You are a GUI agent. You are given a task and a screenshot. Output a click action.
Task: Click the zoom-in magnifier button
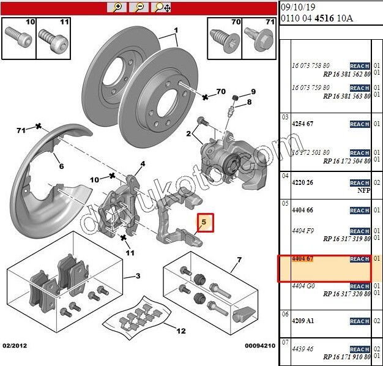coord(116,7)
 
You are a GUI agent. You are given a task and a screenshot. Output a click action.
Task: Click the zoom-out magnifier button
coord(139,7)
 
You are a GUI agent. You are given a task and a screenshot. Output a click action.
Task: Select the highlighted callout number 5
coord(206,222)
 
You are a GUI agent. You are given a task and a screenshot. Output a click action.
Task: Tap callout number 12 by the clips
coord(180,331)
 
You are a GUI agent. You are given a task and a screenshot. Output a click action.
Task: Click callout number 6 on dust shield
coord(61,166)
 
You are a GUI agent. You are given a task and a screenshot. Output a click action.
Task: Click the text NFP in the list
coord(363,190)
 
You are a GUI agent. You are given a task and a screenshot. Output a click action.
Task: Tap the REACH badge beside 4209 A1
coord(359,321)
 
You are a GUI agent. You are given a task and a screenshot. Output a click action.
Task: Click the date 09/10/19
coord(297,7)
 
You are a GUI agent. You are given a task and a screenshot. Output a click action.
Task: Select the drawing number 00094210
coord(260,346)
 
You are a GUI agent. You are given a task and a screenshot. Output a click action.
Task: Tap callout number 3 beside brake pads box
coord(138,276)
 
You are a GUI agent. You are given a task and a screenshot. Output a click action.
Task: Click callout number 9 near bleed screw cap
coord(253,92)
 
